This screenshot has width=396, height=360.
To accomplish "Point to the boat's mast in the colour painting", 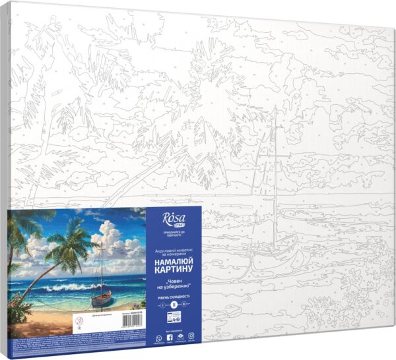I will click(102, 270).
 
